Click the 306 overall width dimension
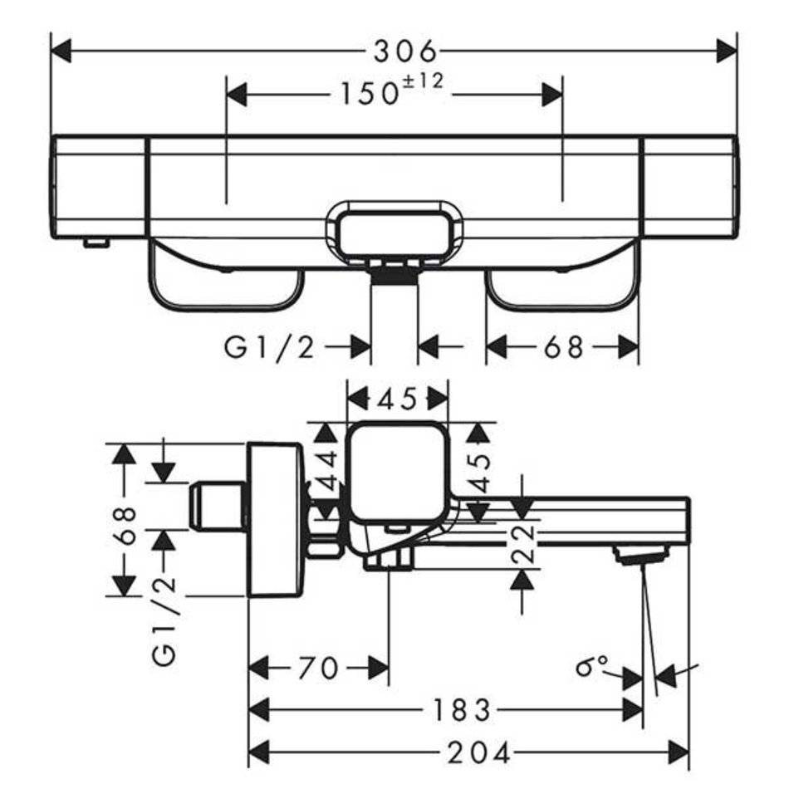tap(404, 51)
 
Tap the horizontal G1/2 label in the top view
tap(270, 347)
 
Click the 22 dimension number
tap(522, 544)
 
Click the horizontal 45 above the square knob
tap(397, 399)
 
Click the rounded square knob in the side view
tap(396, 471)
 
